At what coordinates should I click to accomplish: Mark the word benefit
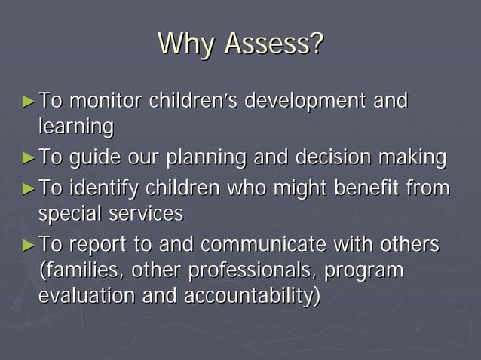379,188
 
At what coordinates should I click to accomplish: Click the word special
72,214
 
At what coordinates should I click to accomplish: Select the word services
147,214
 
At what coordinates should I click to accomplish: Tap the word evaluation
86,296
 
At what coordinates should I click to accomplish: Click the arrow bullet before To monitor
29,100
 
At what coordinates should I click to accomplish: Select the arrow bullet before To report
29,246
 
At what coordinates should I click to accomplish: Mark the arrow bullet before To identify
29,188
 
